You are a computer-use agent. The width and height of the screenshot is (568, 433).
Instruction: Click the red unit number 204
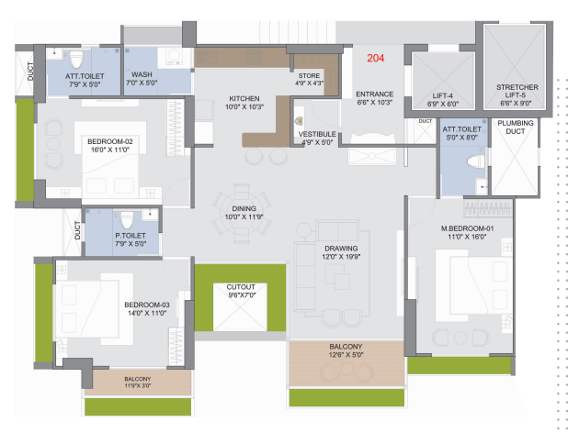click(375, 58)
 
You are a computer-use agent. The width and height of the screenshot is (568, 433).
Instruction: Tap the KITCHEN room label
click(244, 99)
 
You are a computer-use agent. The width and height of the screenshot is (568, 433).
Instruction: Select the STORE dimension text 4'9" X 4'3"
click(309, 83)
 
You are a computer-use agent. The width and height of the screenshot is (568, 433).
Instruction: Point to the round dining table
click(242, 213)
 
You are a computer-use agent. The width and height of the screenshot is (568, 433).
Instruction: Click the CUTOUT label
click(241, 287)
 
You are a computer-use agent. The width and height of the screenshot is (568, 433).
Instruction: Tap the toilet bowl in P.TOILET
click(127, 220)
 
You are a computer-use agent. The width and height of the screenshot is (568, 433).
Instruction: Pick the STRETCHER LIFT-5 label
click(517, 91)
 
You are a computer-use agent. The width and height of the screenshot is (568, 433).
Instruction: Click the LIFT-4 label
click(442, 95)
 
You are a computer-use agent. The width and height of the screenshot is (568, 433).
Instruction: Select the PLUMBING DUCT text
click(515, 127)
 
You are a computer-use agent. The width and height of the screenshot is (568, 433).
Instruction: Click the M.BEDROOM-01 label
click(467, 228)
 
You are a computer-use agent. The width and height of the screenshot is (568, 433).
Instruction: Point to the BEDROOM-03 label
click(147, 305)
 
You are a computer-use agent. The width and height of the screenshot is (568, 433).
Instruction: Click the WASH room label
click(142, 74)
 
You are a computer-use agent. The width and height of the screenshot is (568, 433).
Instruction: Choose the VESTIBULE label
click(317, 134)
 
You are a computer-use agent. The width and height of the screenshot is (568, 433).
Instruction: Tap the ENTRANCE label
click(375, 94)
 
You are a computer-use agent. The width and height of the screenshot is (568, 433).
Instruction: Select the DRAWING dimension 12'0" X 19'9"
click(341, 257)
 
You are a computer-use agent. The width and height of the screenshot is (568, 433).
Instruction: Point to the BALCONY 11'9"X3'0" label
click(137, 383)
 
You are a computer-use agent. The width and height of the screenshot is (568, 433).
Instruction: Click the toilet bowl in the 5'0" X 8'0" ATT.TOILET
click(475, 161)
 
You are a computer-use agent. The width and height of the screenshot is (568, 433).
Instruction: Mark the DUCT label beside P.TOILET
click(77, 230)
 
